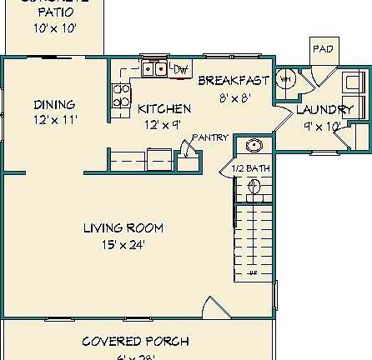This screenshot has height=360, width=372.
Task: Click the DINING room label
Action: (54, 105)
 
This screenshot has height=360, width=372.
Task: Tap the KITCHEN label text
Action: (163, 109)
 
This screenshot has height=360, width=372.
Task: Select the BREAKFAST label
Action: (234, 81)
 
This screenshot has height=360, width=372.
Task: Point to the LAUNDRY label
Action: (324, 110)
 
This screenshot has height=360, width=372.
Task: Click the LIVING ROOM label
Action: (123, 227)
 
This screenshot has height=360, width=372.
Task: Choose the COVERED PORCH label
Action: (135, 341)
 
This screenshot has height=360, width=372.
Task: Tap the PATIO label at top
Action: (55, 12)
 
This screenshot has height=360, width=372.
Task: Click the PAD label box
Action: (322, 49)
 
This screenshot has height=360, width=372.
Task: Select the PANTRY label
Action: (210, 137)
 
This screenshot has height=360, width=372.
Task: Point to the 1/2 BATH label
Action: (251, 169)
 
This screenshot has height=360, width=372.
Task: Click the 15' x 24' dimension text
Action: (123, 245)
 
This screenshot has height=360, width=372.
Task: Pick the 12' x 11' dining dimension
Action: (55, 120)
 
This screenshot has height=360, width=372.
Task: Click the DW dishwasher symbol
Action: (182, 68)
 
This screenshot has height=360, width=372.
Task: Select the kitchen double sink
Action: (153, 68)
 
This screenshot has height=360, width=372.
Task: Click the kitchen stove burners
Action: (121, 95)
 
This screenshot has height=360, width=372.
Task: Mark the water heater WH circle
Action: (284, 79)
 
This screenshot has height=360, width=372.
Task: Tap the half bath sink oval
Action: (254, 146)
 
